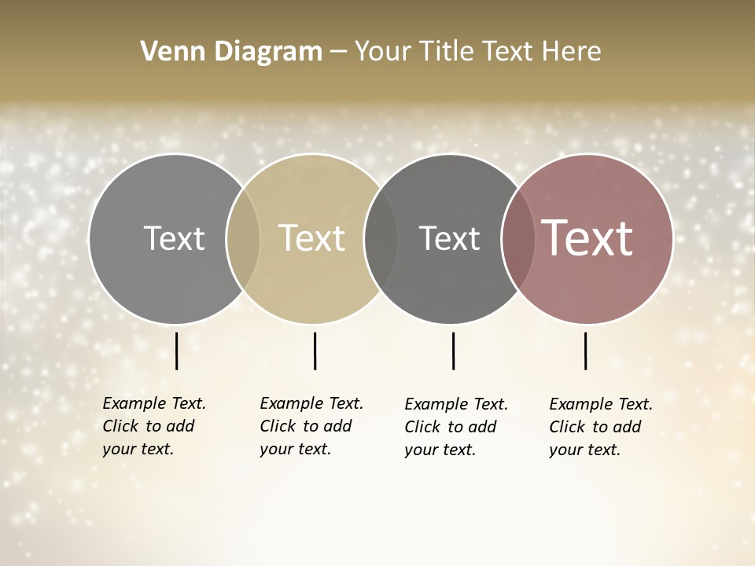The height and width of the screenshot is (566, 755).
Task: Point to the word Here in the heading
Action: (571, 51)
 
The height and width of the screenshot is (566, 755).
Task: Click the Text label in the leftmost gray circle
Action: (174, 238)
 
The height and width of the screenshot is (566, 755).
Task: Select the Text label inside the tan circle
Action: (312, 238)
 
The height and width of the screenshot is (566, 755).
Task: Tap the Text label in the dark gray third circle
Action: (449, 238)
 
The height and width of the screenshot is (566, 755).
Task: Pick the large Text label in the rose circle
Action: (587, 238)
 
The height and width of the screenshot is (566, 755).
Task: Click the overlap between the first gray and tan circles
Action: (243, 239)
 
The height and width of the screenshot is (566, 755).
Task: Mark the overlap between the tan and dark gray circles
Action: (381, 239)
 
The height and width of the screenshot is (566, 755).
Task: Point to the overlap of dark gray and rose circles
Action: (517, 239)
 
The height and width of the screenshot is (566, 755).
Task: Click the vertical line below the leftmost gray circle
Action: (176, 351)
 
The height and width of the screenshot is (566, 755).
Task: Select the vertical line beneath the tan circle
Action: (315, 351)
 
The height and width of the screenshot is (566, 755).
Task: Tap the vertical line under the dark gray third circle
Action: (453, 351)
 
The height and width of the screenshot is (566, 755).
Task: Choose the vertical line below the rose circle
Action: (585, 351)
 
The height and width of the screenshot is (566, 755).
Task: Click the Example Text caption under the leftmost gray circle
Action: (154, 426)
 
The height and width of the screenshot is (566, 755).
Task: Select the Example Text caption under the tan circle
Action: (311, 426)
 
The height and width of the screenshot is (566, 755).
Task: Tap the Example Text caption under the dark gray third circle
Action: (456, 427)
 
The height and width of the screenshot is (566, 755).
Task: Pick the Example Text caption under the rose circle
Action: (601, 427)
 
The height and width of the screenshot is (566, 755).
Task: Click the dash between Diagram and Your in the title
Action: (338, 52)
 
